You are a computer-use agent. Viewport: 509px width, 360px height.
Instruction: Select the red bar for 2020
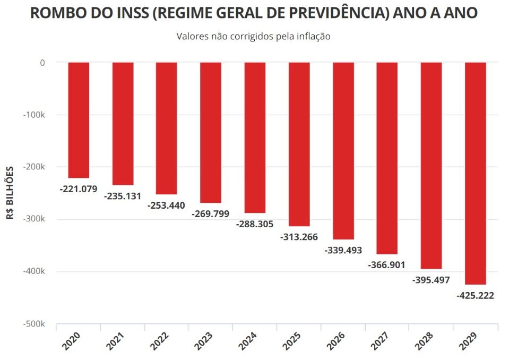tap(79, 120)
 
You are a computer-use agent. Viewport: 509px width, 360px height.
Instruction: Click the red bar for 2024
tap(255, 138)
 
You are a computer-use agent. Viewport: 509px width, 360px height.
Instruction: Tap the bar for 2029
tap(475, 173)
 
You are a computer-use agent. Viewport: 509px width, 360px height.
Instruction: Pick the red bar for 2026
tap(343, 151)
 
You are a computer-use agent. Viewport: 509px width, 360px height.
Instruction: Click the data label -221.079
tap(79, 188)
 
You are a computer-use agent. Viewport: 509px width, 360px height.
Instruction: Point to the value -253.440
tap(167, 205)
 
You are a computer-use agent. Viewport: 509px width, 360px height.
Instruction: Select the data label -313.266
tap(299, 237)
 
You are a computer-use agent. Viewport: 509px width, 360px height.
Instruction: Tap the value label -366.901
tap(387, 264)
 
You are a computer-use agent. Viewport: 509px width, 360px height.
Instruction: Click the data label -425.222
tap(475, 296)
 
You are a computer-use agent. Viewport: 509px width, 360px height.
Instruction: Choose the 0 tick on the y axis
tap(42, 63)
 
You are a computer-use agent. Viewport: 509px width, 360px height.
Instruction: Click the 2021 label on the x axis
tap(116, 340)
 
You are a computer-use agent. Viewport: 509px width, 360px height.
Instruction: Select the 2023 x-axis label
tap(204, 340)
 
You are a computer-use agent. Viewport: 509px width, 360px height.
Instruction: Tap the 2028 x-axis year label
tap(425, 340)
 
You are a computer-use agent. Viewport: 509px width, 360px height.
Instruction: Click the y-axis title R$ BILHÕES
tap(11, 193)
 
